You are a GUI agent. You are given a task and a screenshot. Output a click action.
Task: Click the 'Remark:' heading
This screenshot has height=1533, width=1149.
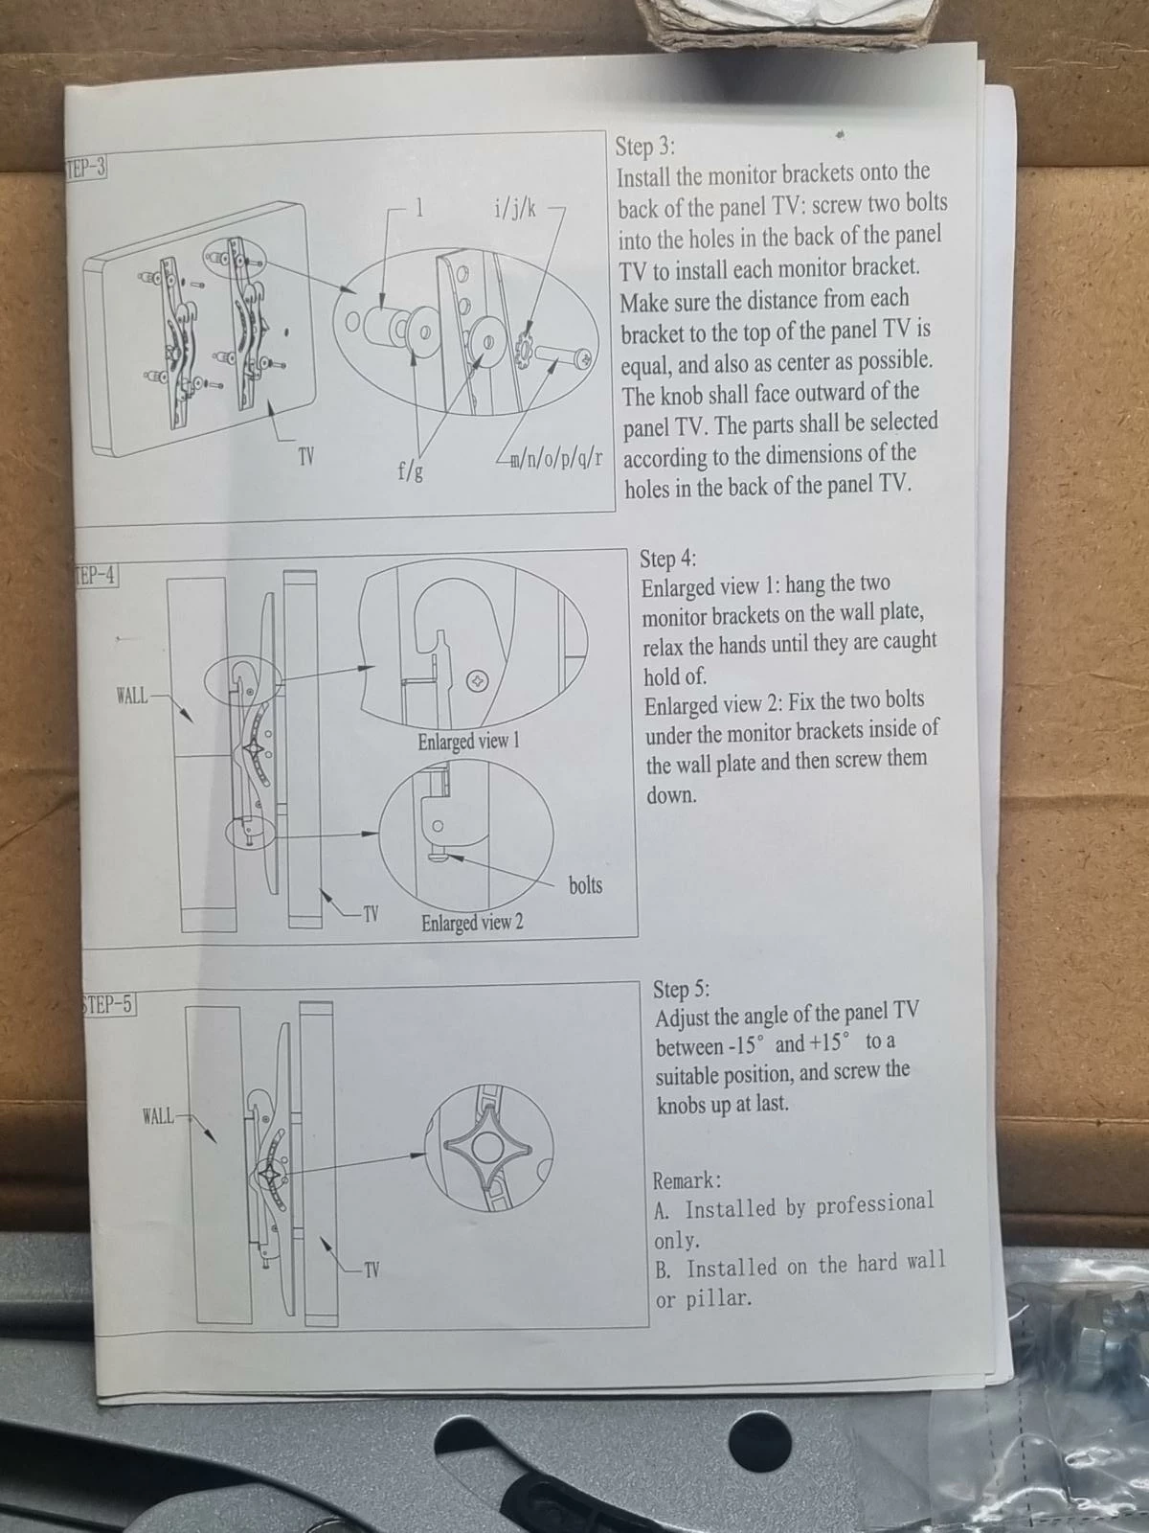click(x=687, y=1181)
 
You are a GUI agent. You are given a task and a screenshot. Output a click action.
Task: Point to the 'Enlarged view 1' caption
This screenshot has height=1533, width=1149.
click(x=469, y=741)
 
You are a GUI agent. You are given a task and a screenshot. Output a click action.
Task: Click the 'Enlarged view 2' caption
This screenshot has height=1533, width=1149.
click(x=472, y=924)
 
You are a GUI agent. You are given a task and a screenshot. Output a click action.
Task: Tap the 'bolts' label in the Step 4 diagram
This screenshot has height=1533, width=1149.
click(x=585, y=885)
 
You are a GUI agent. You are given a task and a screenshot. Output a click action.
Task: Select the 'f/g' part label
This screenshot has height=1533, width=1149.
click(x=410, y=472)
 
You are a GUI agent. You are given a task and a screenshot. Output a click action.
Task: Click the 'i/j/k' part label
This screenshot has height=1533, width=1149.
click(x=515, y=209)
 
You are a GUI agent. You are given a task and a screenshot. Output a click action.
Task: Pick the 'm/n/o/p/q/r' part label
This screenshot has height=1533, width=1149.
click(x=556, y=459)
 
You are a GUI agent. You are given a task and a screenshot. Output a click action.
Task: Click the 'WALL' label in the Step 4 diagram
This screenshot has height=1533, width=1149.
click(x=132, y=696)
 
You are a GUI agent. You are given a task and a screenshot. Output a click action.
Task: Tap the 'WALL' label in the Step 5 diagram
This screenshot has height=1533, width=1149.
click(x=158, y=1116)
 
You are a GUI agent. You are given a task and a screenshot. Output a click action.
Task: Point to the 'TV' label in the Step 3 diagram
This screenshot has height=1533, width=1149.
click(x=306, y=457)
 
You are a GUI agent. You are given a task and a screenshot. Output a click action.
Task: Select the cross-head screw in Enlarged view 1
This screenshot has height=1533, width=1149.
click(x=477, y=679)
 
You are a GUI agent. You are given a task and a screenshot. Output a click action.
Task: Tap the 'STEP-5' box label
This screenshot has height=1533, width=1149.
click(x=109, y=1005)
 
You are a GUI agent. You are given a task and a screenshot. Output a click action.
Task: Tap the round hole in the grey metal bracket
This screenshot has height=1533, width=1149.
click(x=759, y=1441)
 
